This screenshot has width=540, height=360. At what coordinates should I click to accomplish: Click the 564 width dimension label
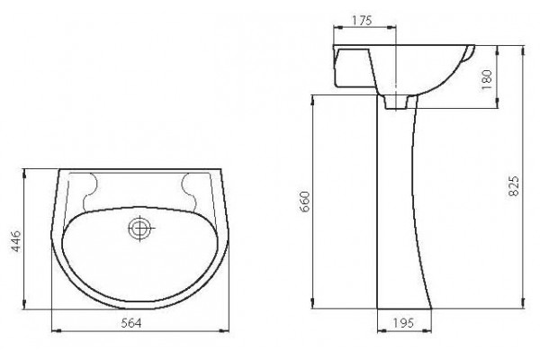[131, 323]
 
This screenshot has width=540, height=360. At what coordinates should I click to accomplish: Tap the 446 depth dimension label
[16, 241]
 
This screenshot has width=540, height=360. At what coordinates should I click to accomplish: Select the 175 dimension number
[363, 21]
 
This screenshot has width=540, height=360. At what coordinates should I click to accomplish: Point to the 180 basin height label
[486, 80]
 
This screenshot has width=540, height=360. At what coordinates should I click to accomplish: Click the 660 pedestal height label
[305, 202]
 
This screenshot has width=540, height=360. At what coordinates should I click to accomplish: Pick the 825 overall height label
[514, 186]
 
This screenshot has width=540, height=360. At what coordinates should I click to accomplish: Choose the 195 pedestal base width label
[403, 323]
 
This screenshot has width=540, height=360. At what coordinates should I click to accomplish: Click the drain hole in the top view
[139, 228]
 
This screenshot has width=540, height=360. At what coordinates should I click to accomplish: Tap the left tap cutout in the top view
[89, 191]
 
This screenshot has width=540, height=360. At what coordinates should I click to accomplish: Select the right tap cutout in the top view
[189, 191]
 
